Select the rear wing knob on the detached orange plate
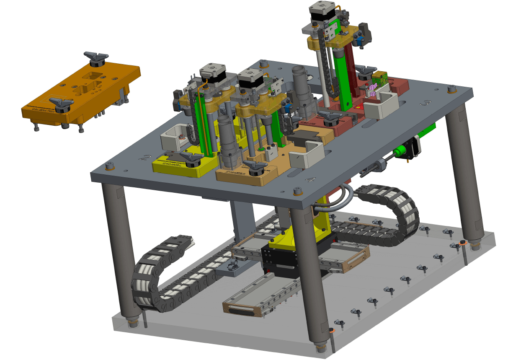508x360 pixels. click(96, 58)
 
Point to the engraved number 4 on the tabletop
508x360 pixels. click(310, 180)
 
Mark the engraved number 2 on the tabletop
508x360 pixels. click(146, 158)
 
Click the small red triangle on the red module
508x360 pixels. click(358, 106)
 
